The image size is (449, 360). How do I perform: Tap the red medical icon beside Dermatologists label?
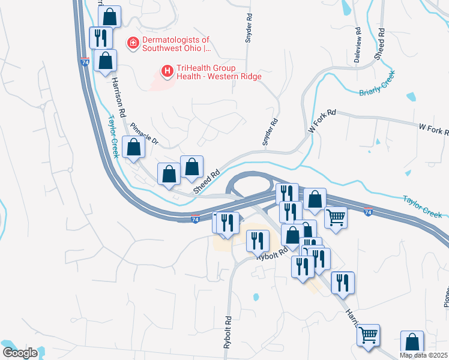(x=132, y=44)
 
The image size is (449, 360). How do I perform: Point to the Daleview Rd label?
(x=358, y=46)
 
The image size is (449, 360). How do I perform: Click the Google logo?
(x=20, y=353)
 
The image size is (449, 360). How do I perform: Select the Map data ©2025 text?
(x=423, y=355)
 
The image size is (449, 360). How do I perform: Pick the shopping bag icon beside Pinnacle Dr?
(x=133, y=148)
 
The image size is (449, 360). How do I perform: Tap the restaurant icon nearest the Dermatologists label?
(x=100, y=37)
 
